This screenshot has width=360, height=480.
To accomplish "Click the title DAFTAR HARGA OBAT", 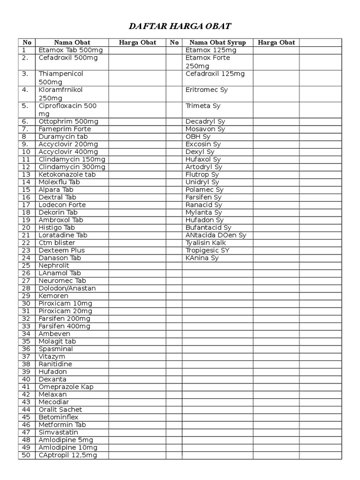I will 180,25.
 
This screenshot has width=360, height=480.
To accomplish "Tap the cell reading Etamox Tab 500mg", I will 71,50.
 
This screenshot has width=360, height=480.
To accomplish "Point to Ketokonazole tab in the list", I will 67,174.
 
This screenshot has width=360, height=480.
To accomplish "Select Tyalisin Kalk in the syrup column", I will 206,243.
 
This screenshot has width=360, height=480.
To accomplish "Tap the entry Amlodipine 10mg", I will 66,448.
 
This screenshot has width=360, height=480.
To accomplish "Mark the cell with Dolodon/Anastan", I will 67,288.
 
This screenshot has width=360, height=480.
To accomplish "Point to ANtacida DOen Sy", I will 216,235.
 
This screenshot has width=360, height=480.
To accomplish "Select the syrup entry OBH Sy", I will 198,136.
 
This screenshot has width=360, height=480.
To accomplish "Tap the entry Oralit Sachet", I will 60,410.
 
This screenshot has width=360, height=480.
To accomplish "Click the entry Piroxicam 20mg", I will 65,311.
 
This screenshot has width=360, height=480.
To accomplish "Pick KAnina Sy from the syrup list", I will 202,258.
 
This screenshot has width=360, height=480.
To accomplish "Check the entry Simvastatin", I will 58,432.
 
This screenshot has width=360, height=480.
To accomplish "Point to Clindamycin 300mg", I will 72,167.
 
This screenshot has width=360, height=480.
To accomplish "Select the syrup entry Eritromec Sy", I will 207,90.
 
